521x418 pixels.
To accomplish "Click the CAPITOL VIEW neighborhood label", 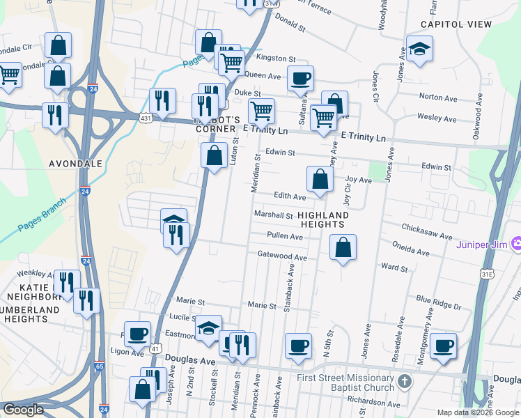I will coord(456,24).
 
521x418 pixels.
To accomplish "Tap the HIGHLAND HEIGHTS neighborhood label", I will coord(322,219).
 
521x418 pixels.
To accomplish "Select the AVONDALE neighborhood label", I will coord(76,164).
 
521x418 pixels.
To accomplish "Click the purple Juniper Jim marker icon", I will coord(516,245).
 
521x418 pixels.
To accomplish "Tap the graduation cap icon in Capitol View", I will coord(419,49).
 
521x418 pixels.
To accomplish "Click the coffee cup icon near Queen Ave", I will coord(300,77).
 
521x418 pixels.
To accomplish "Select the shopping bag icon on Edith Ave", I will coord(319,179).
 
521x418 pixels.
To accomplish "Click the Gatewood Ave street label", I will coord(282,257).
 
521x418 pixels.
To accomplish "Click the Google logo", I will coord(22,410).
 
